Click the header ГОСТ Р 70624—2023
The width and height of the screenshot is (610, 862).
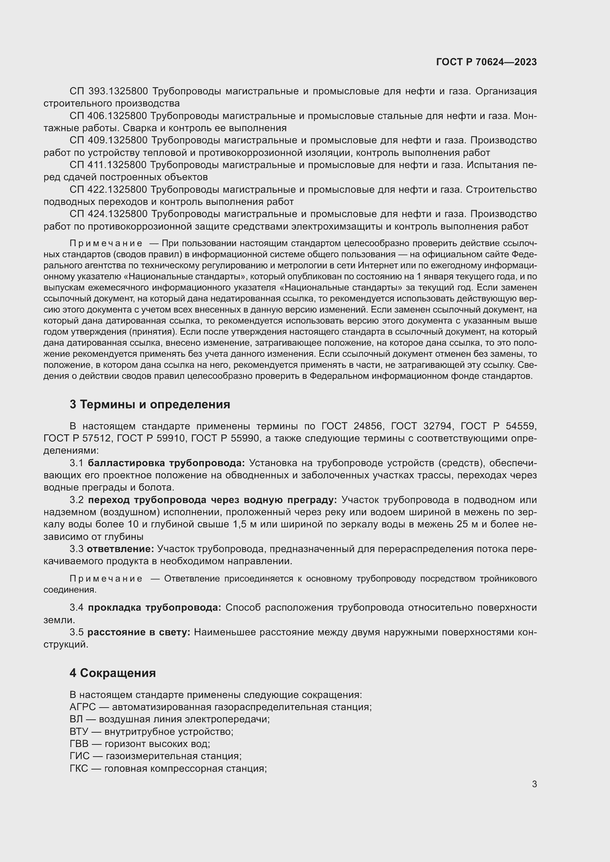[x=486, y=62]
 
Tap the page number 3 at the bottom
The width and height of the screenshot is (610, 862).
[x=534, y=784]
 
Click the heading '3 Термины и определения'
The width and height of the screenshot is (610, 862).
[x=149, y=404]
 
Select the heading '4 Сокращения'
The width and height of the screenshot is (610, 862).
[x=112, y=673]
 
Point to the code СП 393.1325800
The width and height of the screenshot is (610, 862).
[x=108, y=91]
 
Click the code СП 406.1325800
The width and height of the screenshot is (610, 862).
[x=108, y=116]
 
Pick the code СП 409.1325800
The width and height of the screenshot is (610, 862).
[x=108, y=140]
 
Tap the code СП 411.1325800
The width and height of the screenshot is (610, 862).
[x=108, y=165]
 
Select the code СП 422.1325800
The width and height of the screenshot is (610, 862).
[x=108, y=189]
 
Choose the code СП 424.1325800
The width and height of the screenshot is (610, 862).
[x=108, y=214]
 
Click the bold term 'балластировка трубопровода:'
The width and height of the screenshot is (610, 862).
[x=166, y=463]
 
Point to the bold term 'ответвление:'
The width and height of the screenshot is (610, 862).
[x=120, y=549]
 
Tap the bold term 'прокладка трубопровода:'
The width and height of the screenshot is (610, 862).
[x=155, y=608]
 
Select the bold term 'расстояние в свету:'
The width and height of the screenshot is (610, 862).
[x=139, y=632]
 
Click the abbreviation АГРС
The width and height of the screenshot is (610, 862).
[x=83, y=707]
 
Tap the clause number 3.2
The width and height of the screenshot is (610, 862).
[x=76, y=500]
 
